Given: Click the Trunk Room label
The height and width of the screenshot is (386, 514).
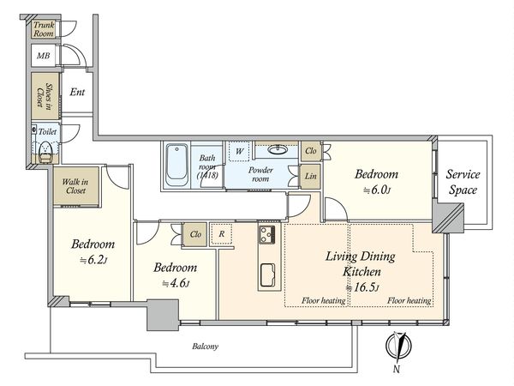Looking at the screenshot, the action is [44, 29].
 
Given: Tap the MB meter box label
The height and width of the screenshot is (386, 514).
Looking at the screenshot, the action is [44, 56].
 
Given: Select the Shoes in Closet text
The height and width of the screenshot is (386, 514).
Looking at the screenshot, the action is [45, 95].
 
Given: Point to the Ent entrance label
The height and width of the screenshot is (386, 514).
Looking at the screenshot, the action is [77, 92].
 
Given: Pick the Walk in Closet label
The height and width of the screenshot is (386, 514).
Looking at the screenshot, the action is [75, 186].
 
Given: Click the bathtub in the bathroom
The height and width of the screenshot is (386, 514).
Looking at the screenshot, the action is [176, 166].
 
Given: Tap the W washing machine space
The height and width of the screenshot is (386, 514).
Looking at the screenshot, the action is [239, 151].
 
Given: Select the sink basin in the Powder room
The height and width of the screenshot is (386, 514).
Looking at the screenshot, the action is [278, 149].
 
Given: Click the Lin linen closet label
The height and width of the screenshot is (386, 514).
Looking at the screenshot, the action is [310, 176].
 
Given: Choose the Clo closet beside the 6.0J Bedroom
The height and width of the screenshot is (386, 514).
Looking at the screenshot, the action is [310, 151].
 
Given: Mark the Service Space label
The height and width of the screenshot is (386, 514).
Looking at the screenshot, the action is [463, 182].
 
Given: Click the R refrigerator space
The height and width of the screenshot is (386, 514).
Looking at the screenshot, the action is [222, 234].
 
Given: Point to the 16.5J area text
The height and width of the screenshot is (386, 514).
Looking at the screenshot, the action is [363, 288].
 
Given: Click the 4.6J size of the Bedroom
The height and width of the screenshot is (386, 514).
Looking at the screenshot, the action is [176, 283].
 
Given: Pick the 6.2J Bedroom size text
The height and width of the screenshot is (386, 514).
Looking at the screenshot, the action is [93, 260].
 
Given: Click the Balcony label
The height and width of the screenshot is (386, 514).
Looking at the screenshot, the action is [206, 347].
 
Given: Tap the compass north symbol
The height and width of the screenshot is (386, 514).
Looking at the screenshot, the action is [398, 346].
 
